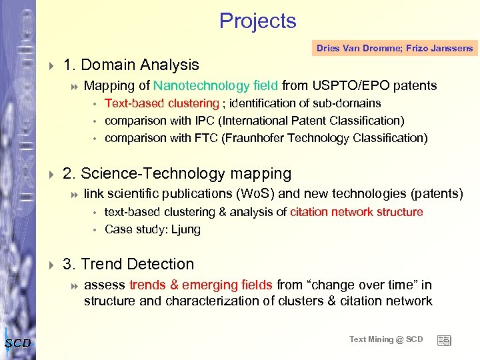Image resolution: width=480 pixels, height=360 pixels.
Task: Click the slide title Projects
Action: point(257,21)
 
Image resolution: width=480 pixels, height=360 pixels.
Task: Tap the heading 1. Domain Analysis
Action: point(131,65)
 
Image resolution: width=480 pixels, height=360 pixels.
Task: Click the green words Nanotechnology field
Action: point(216,85)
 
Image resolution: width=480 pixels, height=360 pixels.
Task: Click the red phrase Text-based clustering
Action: point(161,103)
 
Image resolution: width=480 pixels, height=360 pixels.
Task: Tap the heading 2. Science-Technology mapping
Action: point(177,174)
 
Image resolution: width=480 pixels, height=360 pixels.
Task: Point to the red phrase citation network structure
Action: point(356,212)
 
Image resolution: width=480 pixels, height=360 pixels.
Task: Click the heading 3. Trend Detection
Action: point(128,264)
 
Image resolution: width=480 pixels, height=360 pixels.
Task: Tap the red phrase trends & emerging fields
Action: point(201,285)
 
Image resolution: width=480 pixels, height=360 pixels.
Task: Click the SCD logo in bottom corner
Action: point(17,343)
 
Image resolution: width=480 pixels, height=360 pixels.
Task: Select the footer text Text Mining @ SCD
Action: point(386,339)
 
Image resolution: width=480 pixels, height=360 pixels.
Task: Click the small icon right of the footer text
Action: point(443,340)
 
